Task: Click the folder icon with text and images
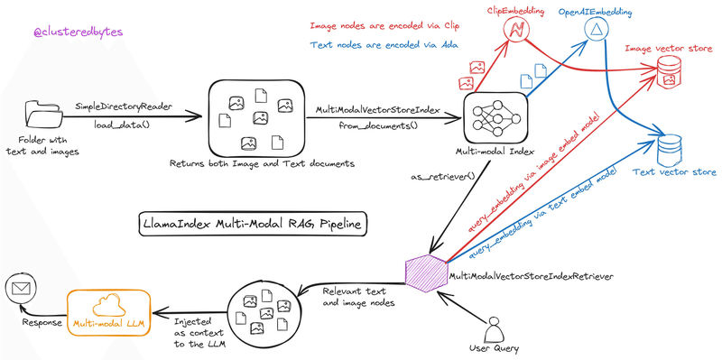43,115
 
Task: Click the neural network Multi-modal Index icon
493,115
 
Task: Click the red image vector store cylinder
670,70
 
